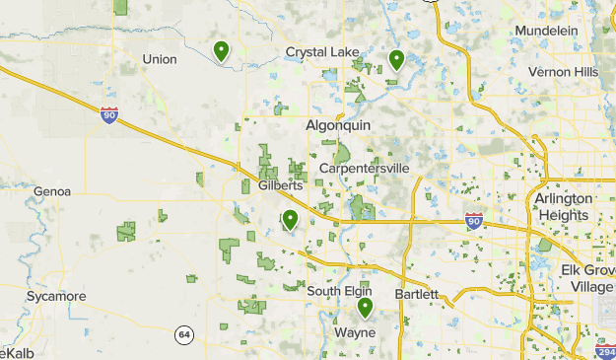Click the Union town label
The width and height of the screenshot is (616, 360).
click(x=159, y=59)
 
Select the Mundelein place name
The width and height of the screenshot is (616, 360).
click(x=546, y=31)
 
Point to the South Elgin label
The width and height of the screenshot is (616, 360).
click(x=338, y=291)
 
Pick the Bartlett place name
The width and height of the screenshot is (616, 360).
click(x=415, y=294)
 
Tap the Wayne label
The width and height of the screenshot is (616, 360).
click(x=355, y=332)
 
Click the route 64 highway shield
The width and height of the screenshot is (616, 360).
click(x=184, y=335)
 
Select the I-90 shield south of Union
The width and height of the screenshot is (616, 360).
click(x=109, y=114)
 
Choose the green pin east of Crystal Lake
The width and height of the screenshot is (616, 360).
click(x=396, y=60)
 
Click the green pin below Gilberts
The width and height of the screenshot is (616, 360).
click(x=290, y=220)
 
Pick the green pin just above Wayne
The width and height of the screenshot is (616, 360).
click(x=365, y=308)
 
